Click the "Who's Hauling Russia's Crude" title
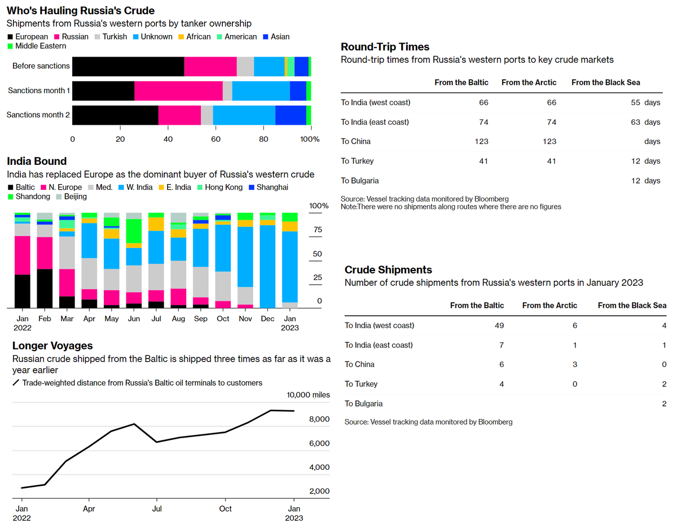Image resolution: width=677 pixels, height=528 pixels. coord(81,11)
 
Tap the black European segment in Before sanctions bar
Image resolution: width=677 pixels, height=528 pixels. coord(129,66)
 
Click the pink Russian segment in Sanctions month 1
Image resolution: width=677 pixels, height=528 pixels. coord(178,90)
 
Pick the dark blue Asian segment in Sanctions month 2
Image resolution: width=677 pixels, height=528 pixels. coord(291,115)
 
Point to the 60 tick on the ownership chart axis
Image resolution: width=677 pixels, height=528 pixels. coord(216,139)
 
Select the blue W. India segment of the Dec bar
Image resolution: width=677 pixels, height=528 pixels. coord(267,265)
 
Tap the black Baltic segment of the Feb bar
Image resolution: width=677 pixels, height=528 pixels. coord(45,288)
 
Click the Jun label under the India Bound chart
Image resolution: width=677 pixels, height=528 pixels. coord(134,318)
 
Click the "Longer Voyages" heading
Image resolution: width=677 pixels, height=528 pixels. coord(52,346)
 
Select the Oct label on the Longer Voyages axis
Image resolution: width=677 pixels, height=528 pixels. coord(225,509)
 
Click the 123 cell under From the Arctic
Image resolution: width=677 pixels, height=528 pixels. coord(549,141)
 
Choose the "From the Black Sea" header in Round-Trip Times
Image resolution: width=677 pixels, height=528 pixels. coord(605,82)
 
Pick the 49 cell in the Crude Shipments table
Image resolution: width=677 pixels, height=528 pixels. coord(498,325)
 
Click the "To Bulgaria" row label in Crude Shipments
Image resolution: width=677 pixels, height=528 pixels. coord(363,403)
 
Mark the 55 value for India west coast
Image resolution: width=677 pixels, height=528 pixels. coord(636,102)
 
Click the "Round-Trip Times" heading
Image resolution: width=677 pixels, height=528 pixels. coord(385,47)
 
